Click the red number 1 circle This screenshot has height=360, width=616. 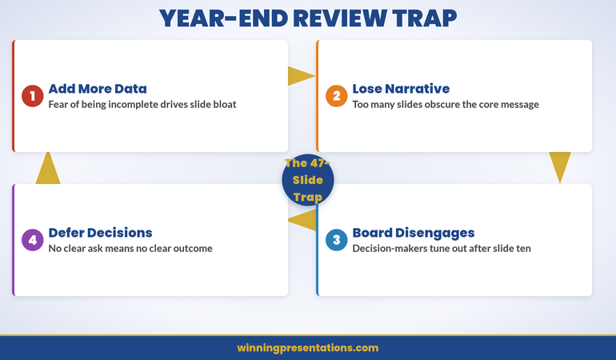(32, 97)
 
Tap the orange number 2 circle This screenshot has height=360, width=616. (336, 97)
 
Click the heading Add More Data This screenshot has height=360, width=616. (97, 89)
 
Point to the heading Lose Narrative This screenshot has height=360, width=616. (401, 89)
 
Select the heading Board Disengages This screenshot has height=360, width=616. (413, 233)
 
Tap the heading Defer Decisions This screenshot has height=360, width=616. (100, 233)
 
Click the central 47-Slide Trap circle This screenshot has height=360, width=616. (308, 180)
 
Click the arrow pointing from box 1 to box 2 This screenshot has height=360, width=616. (300, 76)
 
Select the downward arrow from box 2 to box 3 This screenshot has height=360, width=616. (560, 166)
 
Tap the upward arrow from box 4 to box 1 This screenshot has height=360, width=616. (48, 168)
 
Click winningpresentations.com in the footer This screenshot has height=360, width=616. (308, 348)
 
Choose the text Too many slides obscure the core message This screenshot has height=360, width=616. (446, 105)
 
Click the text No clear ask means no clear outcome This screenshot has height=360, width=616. (130, 249)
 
